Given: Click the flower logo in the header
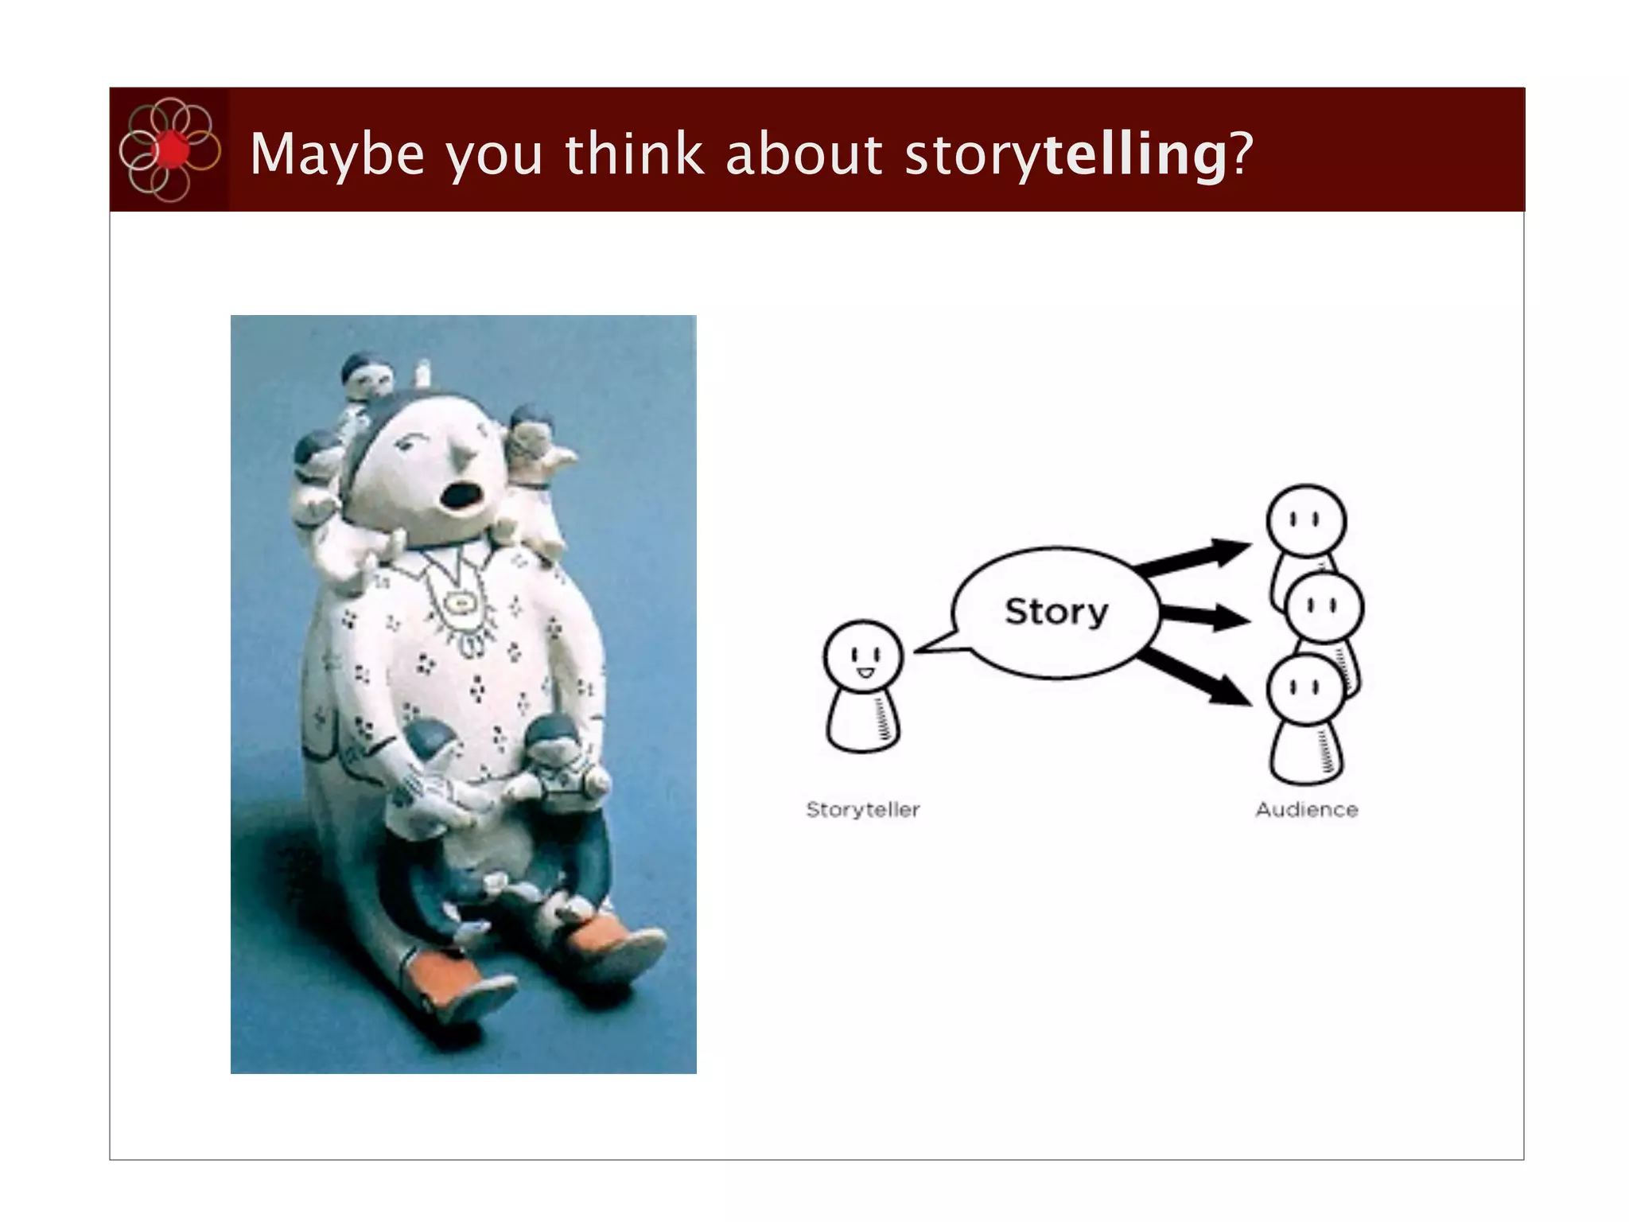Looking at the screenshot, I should (x=169, y=150).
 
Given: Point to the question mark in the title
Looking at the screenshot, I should (x=1242, y=153).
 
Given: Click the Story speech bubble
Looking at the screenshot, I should (x=1055, y=612).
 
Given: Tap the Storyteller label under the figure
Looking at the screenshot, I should (x=863, y=810).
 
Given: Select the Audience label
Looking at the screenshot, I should (x=1306, y=810).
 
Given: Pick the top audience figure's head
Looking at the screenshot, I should (x=1306, y=522).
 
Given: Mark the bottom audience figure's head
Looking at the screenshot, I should (x=1305, y=689).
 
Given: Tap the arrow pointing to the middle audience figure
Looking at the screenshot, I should (x=1203, y=616).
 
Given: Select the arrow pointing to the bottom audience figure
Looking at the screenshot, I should (x=1196, y=675).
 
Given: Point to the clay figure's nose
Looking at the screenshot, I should (x=464, y=457).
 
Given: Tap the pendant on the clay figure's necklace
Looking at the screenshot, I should (x=459, y=604).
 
